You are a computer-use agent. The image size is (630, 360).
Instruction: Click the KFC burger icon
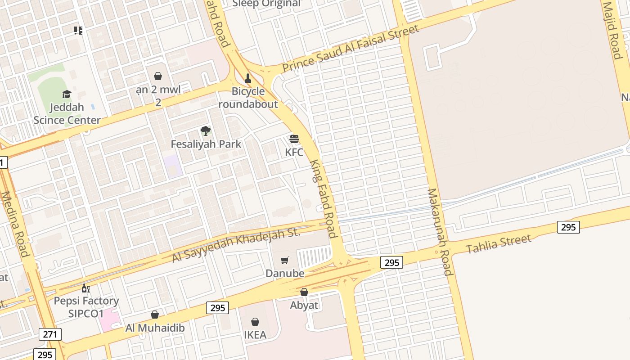pos(294,139)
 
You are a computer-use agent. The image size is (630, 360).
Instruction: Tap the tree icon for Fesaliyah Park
pos(206,131)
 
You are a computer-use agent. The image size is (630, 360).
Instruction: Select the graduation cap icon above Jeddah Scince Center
pos(67,94)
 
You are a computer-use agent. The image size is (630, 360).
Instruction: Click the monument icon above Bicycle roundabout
pos(247,78)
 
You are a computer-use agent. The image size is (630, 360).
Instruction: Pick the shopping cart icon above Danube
pos(284,260)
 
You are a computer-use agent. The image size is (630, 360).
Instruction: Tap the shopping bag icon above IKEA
pos(255,322)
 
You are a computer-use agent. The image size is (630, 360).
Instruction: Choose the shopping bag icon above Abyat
pos(304,292)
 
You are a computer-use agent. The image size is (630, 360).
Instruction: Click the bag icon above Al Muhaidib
pos(155,315)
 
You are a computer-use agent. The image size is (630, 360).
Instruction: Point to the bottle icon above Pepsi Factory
pos(85,288)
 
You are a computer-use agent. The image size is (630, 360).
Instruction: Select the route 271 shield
pos(50,334)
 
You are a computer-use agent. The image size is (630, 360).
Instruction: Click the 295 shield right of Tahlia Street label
pos(568,227)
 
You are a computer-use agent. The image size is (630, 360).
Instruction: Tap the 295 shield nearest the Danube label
pos(391,262)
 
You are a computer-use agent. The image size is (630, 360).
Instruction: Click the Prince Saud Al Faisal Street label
pos(351,48)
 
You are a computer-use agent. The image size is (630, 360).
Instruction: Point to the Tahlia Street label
pos(499,243)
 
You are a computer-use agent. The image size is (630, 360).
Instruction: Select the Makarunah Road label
pos(439,231)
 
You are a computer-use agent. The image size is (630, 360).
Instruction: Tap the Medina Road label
pos(15,224)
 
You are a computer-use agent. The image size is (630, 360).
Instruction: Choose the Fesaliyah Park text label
pos(206,144)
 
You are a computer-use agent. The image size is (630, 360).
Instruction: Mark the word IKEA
pos(255,335)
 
